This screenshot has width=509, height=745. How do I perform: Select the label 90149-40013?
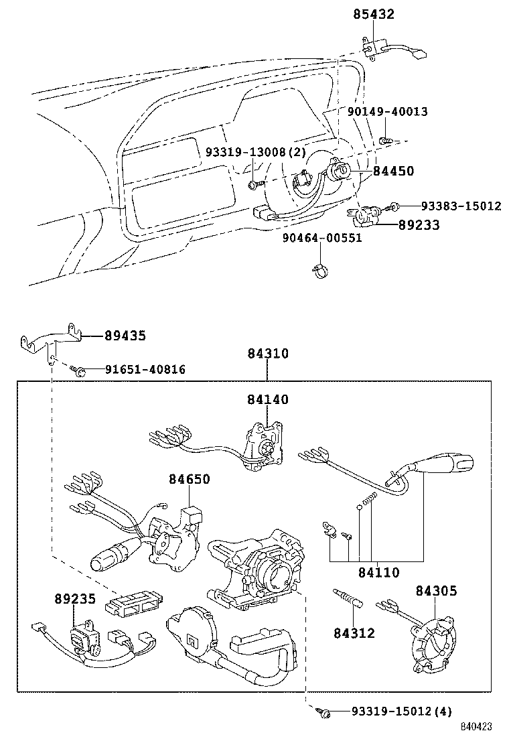(x=387, y=111)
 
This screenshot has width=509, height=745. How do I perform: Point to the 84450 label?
(x=393, y=172)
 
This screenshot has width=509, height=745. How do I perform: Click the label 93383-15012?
(x=461, y=206)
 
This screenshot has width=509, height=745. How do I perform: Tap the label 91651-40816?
(x=145, y=369)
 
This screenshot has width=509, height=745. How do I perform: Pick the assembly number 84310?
(x=267, y=353)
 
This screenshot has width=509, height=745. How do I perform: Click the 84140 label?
(x=267, y=400)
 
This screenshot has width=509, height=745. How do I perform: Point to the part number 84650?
(x=189, y=479)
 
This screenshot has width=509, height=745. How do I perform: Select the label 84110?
(x=378, y=572)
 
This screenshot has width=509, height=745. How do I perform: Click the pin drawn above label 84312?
(x=348, y=597)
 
